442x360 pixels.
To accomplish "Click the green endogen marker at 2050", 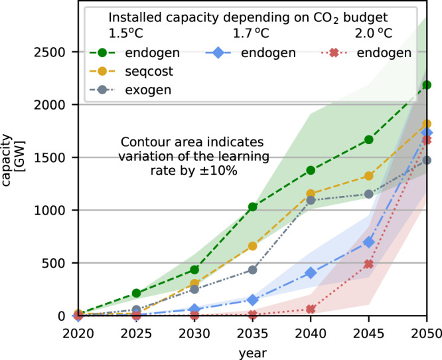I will pyautogui.click(x=427, y=85).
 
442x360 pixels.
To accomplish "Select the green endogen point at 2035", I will pyautogui.click(x=252, y=207).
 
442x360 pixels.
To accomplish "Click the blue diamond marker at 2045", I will pyautogui.click(x=369, y=242).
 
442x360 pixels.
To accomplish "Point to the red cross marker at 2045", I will pyautogui.click(x=369, y=264).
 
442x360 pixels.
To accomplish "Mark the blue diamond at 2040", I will pyautogui.click(x=311, y=273).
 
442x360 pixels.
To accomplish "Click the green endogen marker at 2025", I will pyautogui.click(x=136, y=293).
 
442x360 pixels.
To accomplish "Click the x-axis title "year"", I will pyautogui.click(x=252, y=350).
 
